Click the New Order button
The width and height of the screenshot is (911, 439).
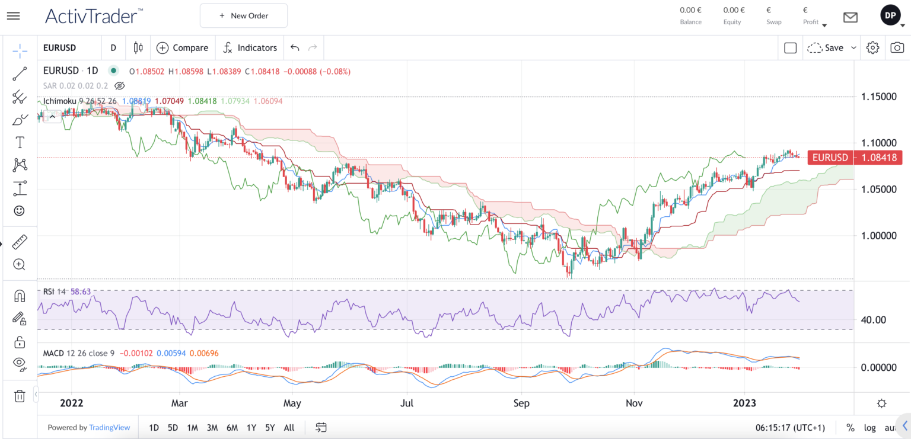click(x=244, y=15)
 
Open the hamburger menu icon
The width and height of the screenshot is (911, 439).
click(x=13, y=15)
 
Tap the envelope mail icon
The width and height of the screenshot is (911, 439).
click(x=851, y=17)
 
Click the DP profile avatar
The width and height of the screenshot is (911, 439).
click(x=890, y=16)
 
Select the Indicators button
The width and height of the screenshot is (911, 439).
click(x=250, y=48)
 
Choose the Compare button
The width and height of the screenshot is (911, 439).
click(x=183, y=48)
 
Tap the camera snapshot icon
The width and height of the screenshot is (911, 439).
click(x=898, y=48)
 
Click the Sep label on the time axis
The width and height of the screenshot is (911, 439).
click(x=521, y=403)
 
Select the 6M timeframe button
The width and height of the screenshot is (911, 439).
click(x=232, y=427)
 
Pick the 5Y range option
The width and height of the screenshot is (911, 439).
click(x=270, y=427)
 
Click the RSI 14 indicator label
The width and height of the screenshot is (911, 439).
click(x=55, y=291)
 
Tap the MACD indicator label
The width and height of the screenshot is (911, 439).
click(x=54, y=353)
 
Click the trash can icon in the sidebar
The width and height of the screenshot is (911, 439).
click(x=20, y=396)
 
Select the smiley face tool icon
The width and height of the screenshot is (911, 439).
click(x=20, y=211)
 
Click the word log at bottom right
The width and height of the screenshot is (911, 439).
click(x=869, y=427)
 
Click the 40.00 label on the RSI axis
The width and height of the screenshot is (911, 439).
click(x=874, y=320)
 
